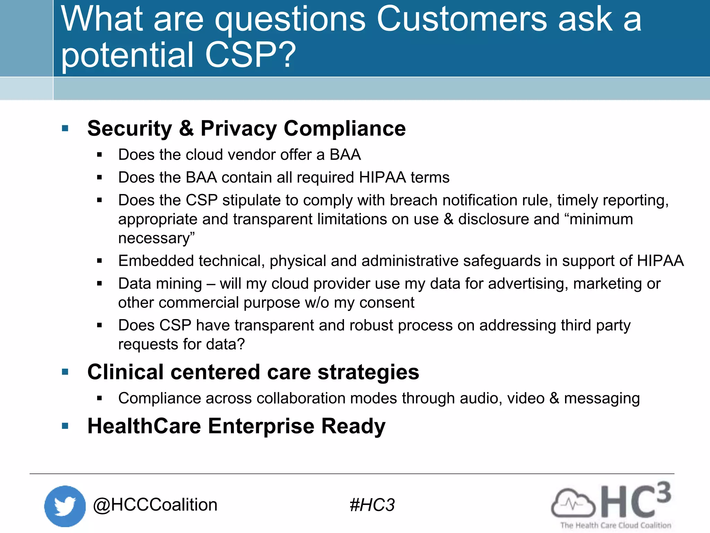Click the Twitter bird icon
65,506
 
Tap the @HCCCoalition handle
155,505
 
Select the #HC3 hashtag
372,505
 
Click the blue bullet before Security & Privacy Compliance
65,129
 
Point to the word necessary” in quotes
156,238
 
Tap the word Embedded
156,261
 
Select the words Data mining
160,284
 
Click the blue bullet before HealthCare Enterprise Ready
65,426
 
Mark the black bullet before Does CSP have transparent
99,325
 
